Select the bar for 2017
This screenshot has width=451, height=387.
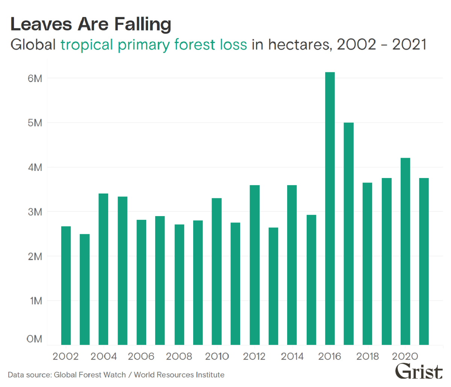tap(348, 233)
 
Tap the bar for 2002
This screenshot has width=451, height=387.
tap(66, 285)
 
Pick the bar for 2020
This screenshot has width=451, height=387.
tap(405, 251)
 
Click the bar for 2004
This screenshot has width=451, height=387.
tap(103, 269)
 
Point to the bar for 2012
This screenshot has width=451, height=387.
tap(254, 265)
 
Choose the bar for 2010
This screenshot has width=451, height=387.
tap(216, 271)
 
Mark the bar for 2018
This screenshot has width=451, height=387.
tap(367, 264)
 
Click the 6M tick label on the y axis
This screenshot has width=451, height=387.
tap(35, 78)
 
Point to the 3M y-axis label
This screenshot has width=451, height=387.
tap(35, 212)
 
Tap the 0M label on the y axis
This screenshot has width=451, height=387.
tap(35, 339)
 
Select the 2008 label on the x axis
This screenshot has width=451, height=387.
tap(179, 356)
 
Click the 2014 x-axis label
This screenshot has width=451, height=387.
tap(292, 356)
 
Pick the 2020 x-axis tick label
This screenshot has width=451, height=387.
tap(405, 356)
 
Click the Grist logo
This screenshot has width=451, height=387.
tap(419, 372)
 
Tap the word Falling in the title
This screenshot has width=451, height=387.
tap(142, 24)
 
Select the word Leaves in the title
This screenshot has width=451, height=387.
tap(41, 24)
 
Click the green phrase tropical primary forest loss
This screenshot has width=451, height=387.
tap(154, 44)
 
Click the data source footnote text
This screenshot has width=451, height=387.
tap(116, 375)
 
